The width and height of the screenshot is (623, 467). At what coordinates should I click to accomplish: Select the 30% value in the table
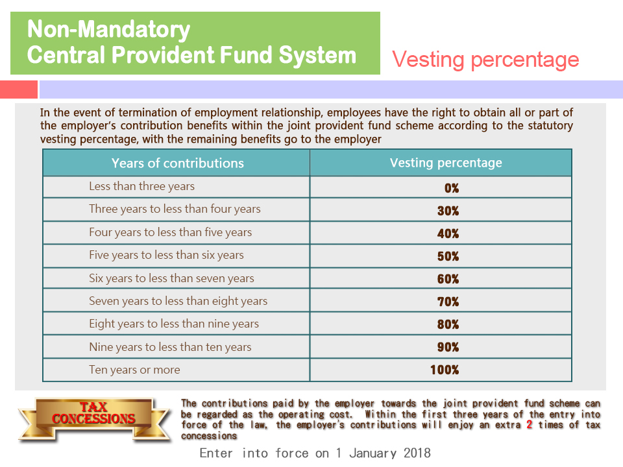(x=448, y=210)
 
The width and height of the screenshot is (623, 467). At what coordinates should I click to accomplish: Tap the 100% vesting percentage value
(x=445, y=370)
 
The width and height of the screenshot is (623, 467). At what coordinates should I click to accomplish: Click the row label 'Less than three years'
(x=142, y=186)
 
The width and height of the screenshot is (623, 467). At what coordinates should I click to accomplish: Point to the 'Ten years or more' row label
(x=134, y=370)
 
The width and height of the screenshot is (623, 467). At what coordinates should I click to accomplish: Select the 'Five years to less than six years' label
(x=166, y=255)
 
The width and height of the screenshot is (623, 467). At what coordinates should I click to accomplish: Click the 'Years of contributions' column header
(x=178, y=163)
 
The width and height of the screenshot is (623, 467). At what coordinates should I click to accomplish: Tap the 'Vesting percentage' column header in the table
(x=446, y=163)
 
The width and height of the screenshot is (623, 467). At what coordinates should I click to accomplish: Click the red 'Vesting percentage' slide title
(x=485, y=60)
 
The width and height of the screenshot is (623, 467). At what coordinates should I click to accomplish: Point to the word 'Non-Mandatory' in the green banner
(x=108, y=29)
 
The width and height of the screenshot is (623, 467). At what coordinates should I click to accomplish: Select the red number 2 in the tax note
(x=530, y=424)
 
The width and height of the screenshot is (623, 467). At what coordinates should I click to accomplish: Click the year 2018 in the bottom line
(x=417, y=453)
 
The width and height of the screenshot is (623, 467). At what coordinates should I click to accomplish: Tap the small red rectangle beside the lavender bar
(x=19, y=90)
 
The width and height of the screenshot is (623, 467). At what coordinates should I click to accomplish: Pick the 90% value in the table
(x=448, y=347)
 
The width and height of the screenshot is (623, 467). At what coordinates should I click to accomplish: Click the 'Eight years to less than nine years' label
(x=174, y=324)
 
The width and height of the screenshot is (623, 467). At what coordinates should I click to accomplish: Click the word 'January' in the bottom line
(x=373, y=453)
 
